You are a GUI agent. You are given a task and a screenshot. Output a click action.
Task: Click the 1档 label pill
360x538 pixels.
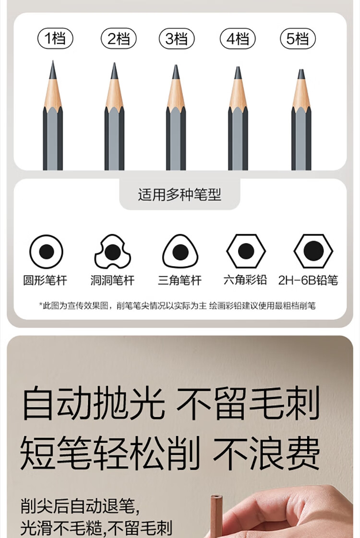[55, 38]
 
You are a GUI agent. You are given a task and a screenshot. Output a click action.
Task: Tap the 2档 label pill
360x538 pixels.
[119, 38]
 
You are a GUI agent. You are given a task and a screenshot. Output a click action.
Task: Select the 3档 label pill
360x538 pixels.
[177, 38]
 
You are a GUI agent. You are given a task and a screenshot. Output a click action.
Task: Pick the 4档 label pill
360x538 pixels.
[238, 38]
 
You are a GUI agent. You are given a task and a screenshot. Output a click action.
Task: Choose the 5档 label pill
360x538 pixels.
[298, 38]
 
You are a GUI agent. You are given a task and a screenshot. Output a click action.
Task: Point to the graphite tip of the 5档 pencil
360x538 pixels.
[301, 74]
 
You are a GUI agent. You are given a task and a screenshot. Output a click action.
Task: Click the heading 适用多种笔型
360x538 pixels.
[180, 195]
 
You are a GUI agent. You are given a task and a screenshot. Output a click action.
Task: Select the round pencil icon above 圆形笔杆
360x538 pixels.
[46, 252]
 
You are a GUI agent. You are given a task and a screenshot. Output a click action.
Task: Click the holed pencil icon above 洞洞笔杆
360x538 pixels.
[112, 252]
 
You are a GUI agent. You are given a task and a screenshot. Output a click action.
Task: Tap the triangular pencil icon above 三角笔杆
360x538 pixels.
[180, 252]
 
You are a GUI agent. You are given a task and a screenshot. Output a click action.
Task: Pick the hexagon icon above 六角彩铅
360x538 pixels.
[246, 251]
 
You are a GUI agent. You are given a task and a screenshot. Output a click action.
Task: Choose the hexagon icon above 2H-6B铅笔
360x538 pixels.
[313, 251]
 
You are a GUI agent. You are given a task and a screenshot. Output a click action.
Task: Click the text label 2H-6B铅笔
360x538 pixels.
[308, 281]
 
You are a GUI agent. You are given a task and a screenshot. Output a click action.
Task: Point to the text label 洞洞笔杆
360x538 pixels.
[112, 281]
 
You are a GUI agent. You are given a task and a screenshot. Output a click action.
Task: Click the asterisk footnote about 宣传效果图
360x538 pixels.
[177, 306]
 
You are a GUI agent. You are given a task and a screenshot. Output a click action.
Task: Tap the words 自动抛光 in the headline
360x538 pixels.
[93, 403]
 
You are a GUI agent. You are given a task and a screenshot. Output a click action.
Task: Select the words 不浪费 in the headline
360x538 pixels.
[266, 453]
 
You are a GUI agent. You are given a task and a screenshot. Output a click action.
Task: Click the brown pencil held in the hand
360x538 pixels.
[216, 516]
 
